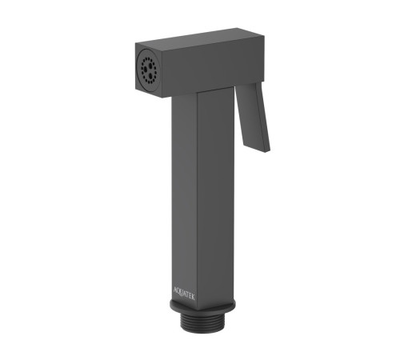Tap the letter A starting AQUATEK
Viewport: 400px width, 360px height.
coord(175,290)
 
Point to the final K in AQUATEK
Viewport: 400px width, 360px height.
coord(193,298)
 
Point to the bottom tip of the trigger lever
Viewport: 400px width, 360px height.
coord(267,151)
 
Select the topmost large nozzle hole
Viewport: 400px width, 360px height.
coord(150,65)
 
